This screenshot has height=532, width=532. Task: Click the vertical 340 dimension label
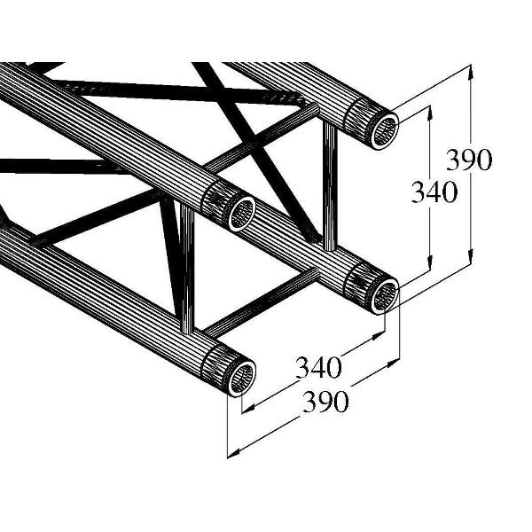coord(434,192)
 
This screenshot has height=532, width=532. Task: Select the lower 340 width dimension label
coord(319,364)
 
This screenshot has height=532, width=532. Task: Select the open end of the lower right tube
coord(384,294)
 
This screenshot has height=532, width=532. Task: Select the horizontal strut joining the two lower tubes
coord(266,301)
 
